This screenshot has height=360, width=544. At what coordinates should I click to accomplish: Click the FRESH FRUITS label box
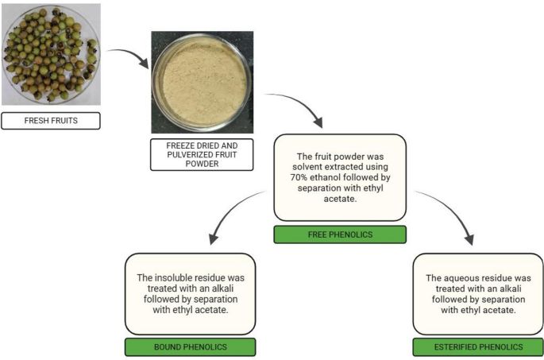51,121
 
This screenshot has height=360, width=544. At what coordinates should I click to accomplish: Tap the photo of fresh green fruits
51,54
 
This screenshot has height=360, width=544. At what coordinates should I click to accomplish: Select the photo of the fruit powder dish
202,82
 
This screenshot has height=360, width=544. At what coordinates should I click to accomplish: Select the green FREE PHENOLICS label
339,234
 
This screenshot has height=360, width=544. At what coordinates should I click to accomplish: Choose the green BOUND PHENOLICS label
190,347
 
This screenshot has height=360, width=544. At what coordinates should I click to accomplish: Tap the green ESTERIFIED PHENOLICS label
478,347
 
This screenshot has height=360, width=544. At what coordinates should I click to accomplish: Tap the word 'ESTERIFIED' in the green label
460,347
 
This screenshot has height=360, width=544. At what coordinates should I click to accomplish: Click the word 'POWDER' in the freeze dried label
202,165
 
